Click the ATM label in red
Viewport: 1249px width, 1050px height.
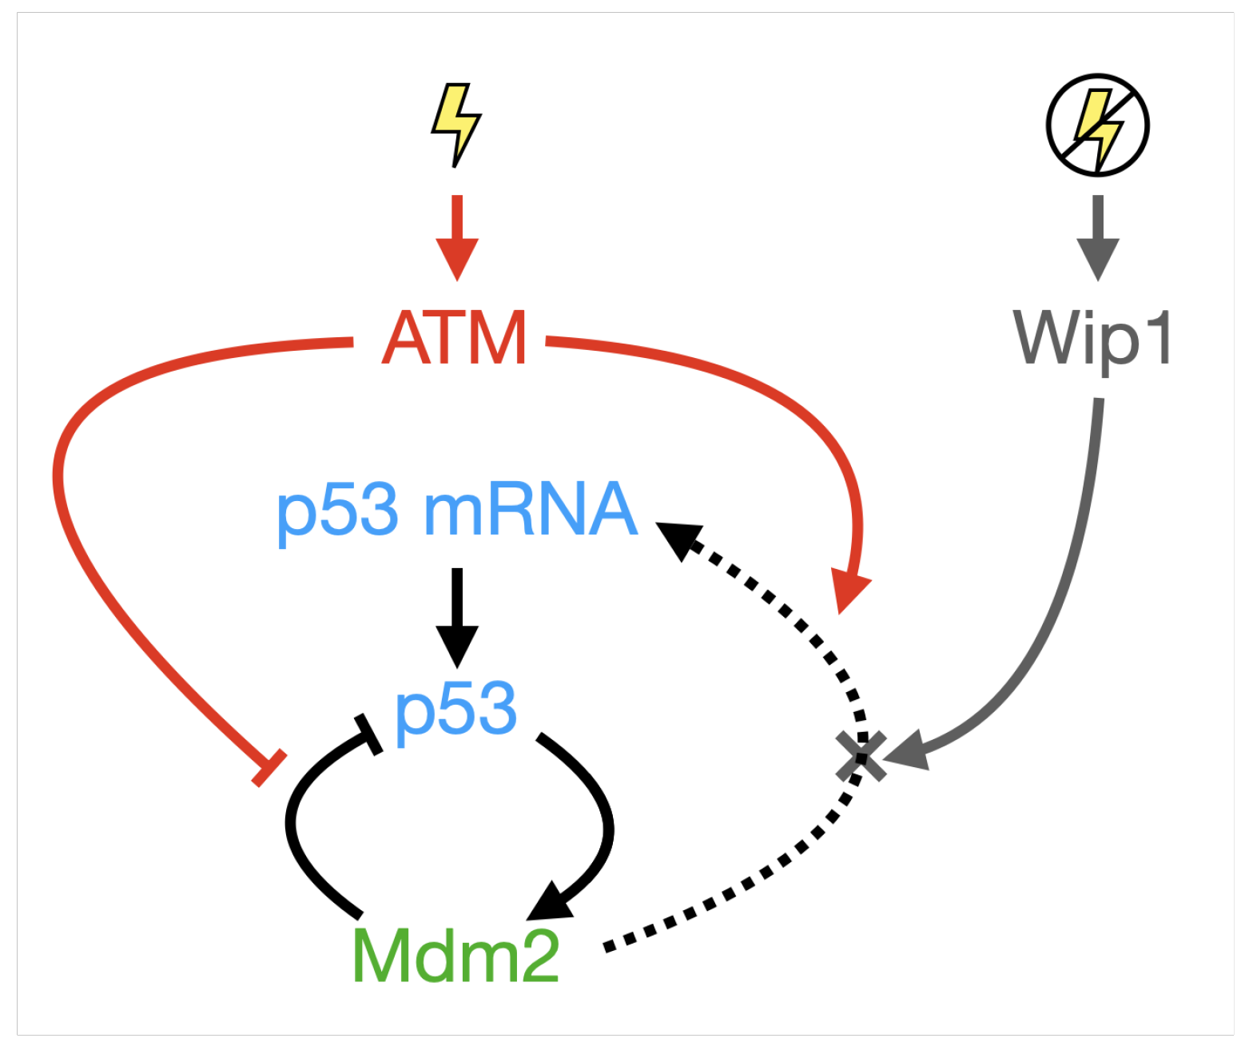click(454, 338)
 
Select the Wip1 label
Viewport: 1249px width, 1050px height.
click(1092, 340)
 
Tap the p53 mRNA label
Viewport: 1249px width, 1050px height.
click(457, 510)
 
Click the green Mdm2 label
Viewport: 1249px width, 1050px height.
click(455, 957)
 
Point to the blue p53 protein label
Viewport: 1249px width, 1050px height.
click(455, 709)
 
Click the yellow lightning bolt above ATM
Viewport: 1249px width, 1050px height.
click(456, 124)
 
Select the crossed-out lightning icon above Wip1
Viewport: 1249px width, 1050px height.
click(1098, 125)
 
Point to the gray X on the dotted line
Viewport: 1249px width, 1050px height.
click(861, 755)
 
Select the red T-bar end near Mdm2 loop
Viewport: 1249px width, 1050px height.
click(269, 768)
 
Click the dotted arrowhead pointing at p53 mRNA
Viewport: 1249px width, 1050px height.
click(679, 539)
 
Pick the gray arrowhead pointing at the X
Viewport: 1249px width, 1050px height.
click(907, 751)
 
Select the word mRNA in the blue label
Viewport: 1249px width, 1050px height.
click(531, 510)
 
